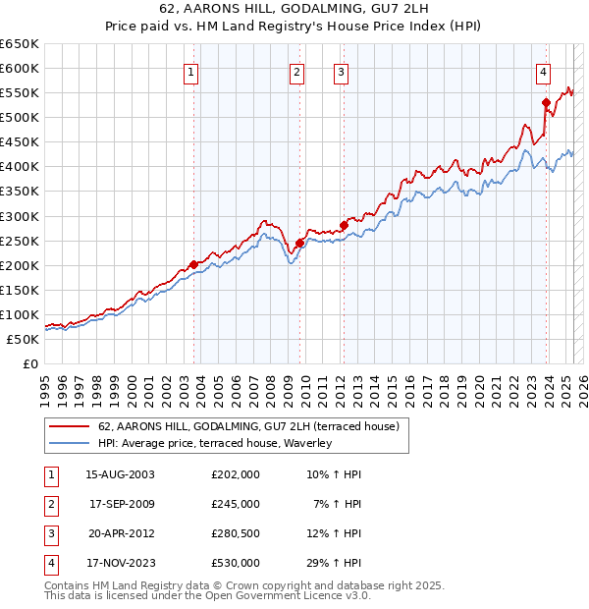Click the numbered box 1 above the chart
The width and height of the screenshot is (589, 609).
(x=190, y=71)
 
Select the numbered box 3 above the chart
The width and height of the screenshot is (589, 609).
(x=340, y=71)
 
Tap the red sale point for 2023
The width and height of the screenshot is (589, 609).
(x=546, y=101)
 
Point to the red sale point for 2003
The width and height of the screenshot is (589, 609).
(x=194, y=263)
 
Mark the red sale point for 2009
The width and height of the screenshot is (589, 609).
(x=299, y=243)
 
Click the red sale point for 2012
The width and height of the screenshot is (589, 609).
(x=344, y=225)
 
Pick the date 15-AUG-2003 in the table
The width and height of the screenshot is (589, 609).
(x=121, y=474)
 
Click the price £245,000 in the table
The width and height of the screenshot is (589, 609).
(x=236, y=504)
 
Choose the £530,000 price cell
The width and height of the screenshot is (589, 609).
(x=236, y=563)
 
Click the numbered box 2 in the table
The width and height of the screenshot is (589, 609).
(x=48, y=504)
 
